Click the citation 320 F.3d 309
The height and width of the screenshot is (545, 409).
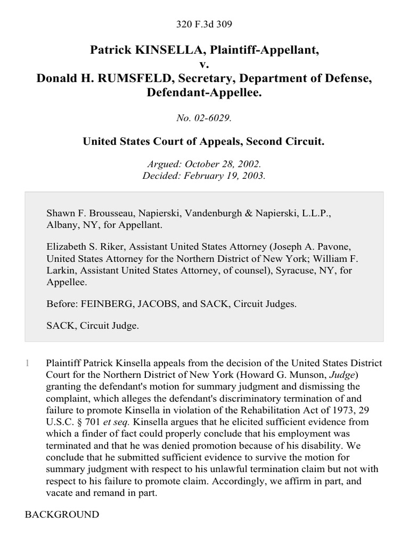(204, 24)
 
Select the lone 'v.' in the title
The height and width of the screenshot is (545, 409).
(204, 64)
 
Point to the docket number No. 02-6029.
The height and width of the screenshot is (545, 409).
(204, 118)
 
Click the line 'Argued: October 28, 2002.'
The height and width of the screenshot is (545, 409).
(204, 165)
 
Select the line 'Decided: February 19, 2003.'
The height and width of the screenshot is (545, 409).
(204, 176)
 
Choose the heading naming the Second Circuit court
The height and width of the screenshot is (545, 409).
(204, 142)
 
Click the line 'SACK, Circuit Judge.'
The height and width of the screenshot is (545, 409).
(93, 326)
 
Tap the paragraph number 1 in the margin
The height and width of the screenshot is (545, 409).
(26, 364)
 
